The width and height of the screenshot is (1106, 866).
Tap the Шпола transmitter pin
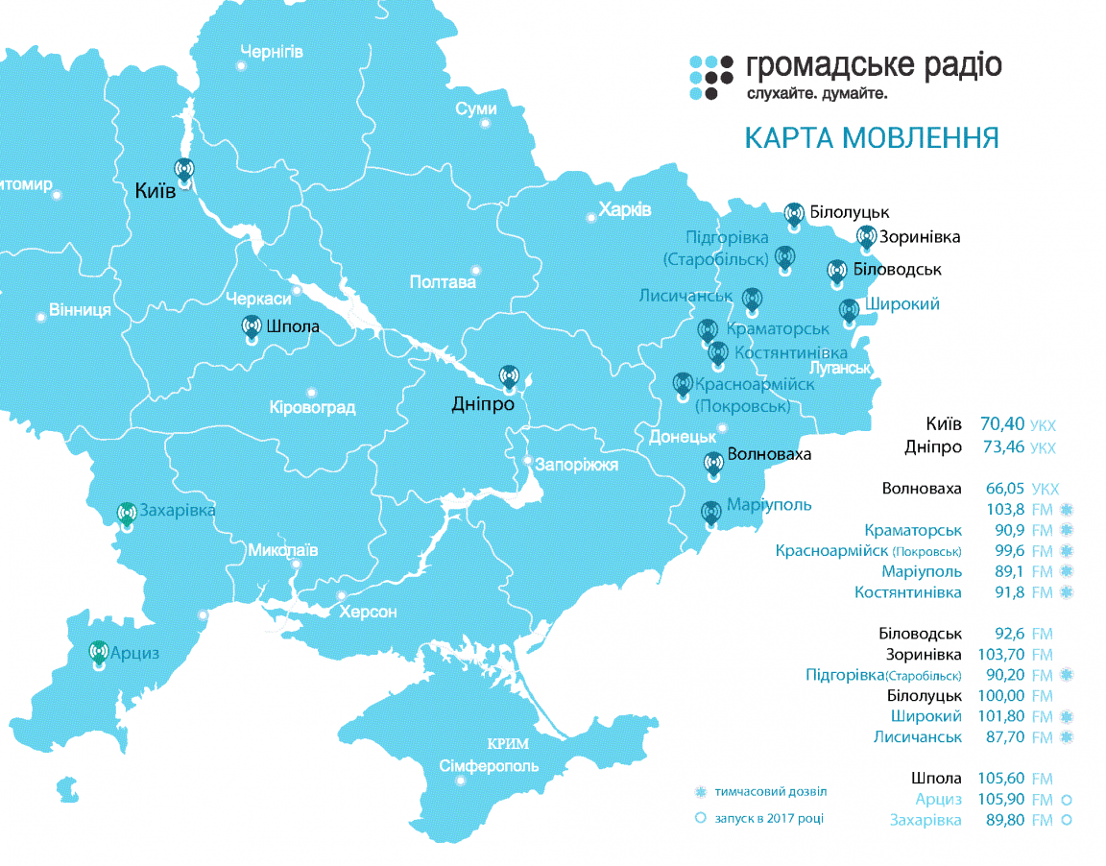252,328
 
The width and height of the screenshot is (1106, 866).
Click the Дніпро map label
482,404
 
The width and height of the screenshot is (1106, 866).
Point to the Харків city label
624,209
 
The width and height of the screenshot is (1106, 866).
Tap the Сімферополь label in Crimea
489,766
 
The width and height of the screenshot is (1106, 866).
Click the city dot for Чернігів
240,66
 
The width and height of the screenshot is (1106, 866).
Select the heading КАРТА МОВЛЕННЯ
872,137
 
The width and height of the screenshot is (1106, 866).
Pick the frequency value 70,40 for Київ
1001,423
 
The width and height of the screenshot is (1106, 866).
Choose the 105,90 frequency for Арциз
1001,799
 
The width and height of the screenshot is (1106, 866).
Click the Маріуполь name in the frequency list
922,572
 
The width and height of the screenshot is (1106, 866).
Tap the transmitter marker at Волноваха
712,465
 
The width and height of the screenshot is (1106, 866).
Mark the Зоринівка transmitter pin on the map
866,237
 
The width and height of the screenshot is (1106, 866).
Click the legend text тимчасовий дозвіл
769,792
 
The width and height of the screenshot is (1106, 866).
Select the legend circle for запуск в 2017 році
700,818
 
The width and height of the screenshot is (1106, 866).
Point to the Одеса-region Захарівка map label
177,510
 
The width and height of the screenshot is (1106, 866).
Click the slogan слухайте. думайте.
816,94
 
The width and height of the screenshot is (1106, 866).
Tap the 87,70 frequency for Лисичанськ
1003,736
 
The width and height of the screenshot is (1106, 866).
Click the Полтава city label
442,282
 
